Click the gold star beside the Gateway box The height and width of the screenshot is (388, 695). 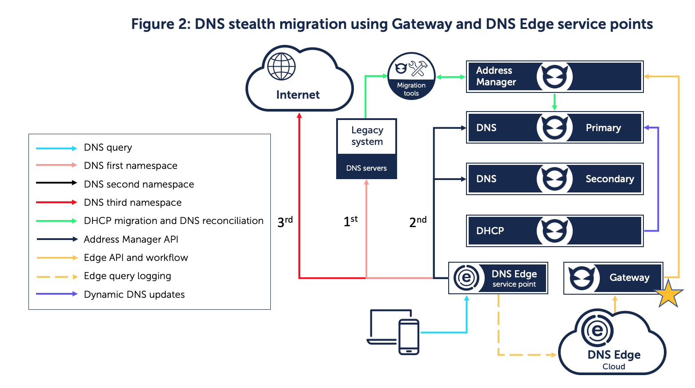coord(668,295)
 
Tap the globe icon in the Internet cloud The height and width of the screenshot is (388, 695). coord(281,67)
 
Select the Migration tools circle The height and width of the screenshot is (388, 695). coord(411,76)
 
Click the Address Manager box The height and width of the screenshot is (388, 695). coord(554,76)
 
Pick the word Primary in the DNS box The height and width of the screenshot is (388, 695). coord(603,128)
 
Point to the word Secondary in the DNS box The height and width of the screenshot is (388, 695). coord(610,179)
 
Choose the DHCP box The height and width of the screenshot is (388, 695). coord(554,231)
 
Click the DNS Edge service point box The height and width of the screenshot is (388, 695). coord(498,278)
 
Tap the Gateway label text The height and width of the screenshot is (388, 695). coord(629,278)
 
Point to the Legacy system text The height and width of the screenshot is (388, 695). coord(367,136)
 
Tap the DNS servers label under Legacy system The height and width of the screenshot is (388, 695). coord(366,168)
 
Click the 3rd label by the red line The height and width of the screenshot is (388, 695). coord(285,221)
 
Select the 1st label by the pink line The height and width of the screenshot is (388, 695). coord(350,221)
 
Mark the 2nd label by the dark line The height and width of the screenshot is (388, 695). coord(418,221)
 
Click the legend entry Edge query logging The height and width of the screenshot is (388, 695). coord(127,276)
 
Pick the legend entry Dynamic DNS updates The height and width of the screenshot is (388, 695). coord(134,295)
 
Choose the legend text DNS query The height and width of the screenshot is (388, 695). coord(108,148)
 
